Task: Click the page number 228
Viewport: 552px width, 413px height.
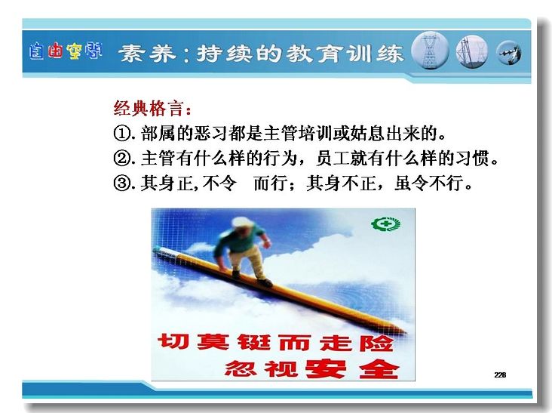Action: point(500,375)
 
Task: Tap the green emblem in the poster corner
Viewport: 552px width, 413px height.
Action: point(386,224)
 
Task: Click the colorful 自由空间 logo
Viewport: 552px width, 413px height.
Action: point(66,51)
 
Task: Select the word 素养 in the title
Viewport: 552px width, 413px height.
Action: point(147,54)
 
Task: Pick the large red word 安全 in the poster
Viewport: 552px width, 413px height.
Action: point(352,368)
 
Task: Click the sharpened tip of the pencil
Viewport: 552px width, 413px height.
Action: point(405,331)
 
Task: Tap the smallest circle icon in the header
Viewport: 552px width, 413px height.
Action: point(509,53)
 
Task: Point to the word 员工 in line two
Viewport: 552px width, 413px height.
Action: point(333,159)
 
